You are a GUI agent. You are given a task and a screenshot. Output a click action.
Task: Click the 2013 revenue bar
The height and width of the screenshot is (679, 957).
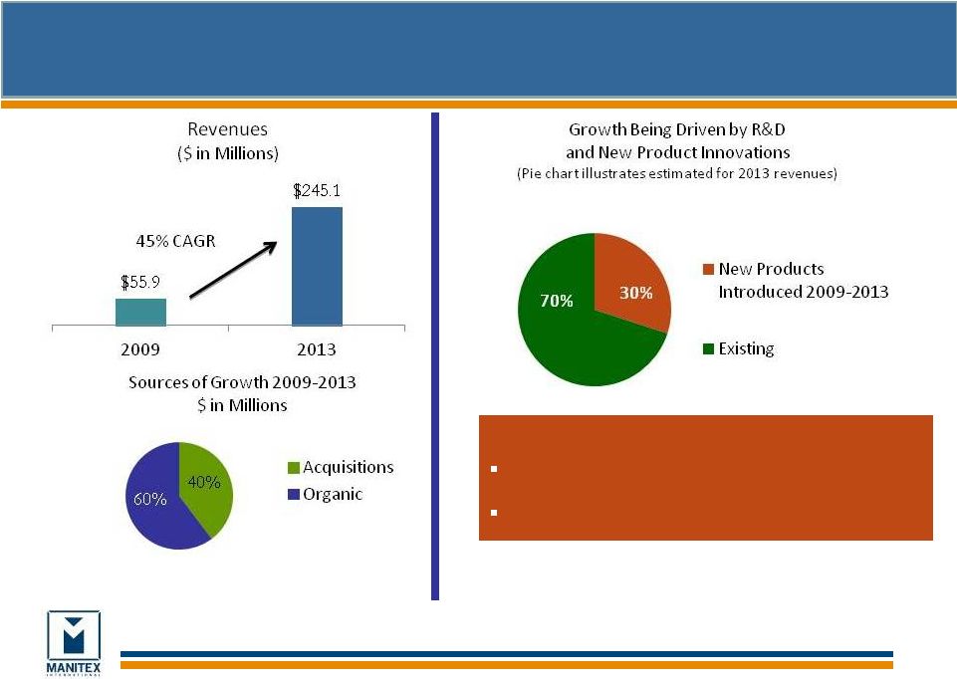317,266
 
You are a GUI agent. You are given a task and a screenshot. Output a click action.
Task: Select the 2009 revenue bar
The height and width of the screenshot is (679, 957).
140,312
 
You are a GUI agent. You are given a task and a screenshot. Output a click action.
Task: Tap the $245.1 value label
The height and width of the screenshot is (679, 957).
317,189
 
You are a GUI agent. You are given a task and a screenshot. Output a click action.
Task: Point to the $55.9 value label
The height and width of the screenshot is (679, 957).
140,282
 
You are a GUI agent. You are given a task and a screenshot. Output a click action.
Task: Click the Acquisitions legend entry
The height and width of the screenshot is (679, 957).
339,467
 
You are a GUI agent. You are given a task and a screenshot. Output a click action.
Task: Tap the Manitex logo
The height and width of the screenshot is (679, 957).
74,642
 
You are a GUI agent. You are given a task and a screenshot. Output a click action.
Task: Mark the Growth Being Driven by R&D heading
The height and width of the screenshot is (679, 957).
679,140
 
